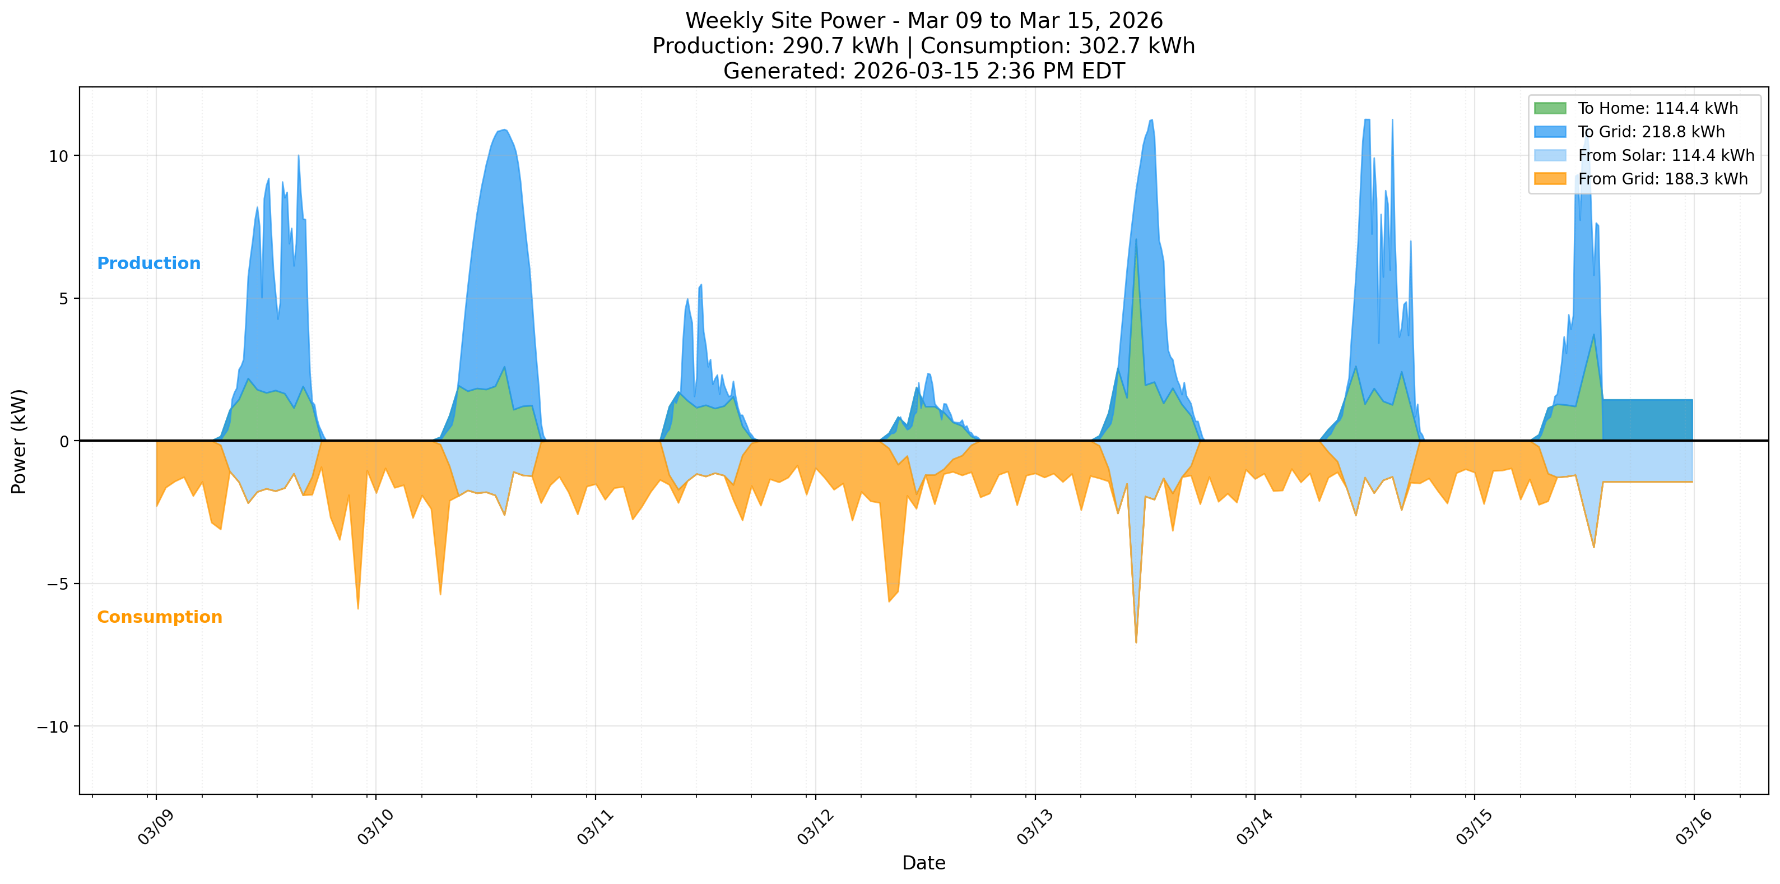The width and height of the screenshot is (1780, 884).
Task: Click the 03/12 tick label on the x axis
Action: pyautogui.click(x=815, y=827)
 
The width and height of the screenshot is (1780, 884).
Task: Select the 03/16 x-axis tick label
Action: pyautogui.click(x=1694, y=827)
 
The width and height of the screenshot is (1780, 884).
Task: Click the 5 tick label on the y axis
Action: pyautogui.click(x=63, y=299)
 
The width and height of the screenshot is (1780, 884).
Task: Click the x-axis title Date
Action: pyautogui.click(x=923, y=863)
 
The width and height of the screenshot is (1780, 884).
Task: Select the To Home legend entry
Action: pyautogui.click(x=1657, y=109)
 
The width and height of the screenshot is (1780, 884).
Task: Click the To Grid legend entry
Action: pyautogui.click(x=1651, y=132)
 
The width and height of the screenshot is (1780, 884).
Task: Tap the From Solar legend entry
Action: pyautogui.click(x=1665, y=155)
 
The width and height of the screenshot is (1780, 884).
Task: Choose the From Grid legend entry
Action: pyautogui.click(x=1662, y=179)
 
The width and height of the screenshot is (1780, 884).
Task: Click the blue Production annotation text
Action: pyautogui.click(x=148, y=263)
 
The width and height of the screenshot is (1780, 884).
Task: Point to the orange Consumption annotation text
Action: pyautogui.click(x=159, y=617)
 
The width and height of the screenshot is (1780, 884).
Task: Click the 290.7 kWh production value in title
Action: pyautogui.click(x=840, y=47)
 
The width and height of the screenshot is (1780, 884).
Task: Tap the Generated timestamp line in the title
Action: pyautogui.click(x=923, y=71)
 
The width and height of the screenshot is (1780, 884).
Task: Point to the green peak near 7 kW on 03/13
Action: pyautogui.click(x=1136, y=242)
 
